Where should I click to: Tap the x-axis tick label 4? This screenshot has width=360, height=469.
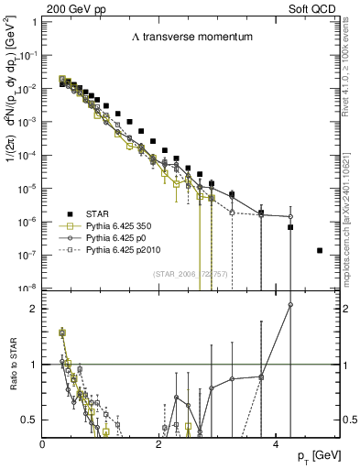275,444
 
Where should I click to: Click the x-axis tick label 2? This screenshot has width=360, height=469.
158,444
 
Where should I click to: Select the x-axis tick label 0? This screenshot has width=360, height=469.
43,444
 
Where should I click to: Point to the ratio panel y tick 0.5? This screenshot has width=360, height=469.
30,420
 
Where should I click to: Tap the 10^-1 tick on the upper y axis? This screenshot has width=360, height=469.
27,55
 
